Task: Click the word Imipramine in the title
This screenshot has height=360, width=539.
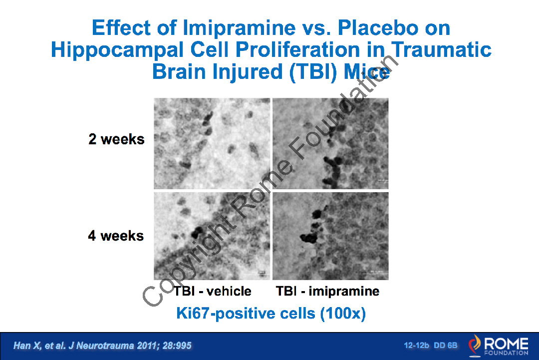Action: pos(239,28)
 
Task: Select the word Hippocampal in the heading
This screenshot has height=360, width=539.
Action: pos(117,50)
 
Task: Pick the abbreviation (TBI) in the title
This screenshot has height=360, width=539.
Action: pos(313,72)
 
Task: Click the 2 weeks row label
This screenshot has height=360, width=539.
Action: pos(116,139)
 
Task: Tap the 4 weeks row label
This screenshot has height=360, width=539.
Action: pos(116,236)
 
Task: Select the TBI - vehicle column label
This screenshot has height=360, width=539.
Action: pos(212,291)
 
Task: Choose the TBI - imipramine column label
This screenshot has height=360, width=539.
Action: pos(327,291)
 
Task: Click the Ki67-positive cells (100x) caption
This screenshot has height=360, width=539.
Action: pos(271,314)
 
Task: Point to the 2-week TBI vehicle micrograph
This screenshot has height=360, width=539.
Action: pos(212,143)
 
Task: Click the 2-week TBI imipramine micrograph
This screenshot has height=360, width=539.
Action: pos(330,143)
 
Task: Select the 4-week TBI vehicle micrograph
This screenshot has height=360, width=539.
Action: pos(212,236)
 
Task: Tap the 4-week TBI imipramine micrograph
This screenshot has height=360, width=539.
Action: pos(330,236)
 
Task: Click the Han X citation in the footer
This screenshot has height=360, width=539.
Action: pos(102,346)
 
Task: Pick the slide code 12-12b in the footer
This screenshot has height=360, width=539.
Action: pos(416,345)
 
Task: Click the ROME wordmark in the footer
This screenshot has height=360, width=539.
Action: pos(506,344)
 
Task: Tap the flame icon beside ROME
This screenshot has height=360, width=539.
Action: pos(475,345)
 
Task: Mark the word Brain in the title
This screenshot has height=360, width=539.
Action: pos(179,71)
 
